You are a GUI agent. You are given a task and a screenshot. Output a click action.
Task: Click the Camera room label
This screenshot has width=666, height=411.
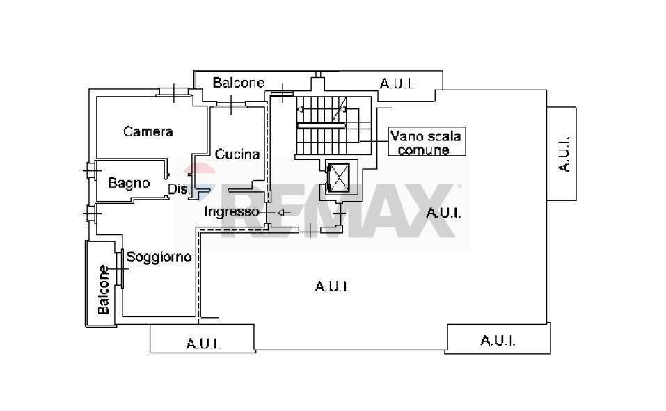coord(148,131)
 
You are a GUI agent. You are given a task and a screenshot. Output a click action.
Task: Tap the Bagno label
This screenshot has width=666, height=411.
coord(129,183)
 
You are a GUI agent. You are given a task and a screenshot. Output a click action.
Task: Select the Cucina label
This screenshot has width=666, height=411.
coord(237,154)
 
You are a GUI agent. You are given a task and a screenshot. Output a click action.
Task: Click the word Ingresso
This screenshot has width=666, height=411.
coord(231,211)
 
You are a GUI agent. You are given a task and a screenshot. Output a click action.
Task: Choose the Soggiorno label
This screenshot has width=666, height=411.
coord(159,257)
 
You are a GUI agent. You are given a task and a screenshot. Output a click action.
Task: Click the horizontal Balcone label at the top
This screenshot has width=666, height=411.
coord(238,83)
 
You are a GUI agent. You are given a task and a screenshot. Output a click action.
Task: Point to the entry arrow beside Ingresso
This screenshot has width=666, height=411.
coord(282,212)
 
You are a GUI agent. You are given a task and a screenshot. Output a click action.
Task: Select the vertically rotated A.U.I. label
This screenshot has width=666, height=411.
coord(564,154)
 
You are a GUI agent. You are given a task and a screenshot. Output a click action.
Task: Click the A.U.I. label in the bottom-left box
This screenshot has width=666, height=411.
coord(203,344)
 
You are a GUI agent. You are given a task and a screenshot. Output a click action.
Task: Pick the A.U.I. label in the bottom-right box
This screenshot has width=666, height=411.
coord(498,341)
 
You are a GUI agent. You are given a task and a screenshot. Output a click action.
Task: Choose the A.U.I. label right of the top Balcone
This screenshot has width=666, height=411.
coord(397,84)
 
